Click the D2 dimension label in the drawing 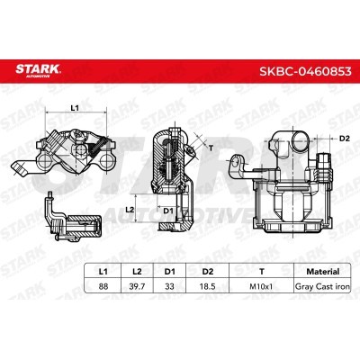click(x=344, y=139)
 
